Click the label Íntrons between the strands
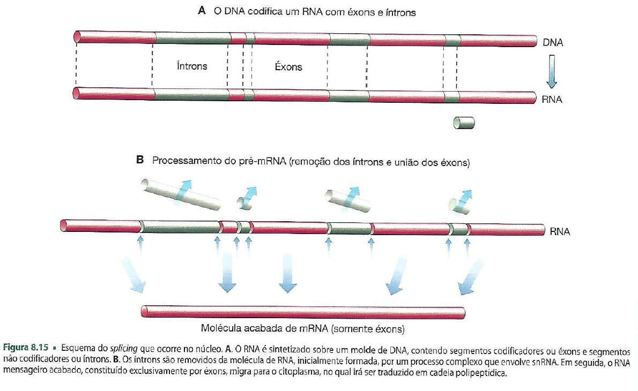[x=191, y=66]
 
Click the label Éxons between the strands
[x=288, y=67]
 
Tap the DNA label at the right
[x=552, y=42]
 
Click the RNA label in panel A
[x=552, y=100]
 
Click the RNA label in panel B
[x=559, y=232]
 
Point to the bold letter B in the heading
[x=140, y=160]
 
